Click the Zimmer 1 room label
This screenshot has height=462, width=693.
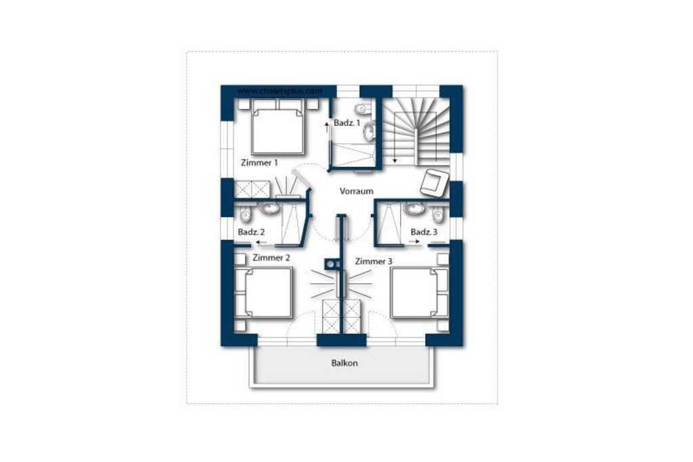pos(259,162)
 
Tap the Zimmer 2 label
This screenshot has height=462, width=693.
pos(271,258)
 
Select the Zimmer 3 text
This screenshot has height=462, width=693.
pos(374,262)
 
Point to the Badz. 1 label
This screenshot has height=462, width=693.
pos(347,123)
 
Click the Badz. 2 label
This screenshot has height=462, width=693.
pos(251,232)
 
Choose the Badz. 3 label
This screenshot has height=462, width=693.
pos(424,232)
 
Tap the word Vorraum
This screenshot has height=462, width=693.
pos(356,191)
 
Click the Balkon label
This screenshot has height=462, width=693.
pos(344,363)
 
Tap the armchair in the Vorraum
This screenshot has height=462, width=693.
pos(434,182)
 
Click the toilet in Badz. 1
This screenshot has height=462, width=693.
pos(363,108)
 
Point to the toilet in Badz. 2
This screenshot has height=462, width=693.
pos(244,214)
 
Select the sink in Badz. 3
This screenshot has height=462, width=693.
pos(413,208)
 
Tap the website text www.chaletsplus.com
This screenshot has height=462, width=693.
pos(280,91)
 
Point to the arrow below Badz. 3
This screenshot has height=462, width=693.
pos(415,242)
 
